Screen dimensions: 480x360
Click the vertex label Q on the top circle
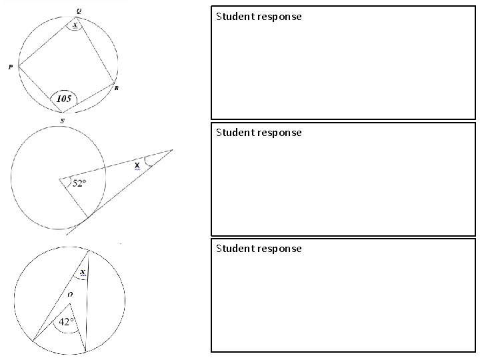[79, 11]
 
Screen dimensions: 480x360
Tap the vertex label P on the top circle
[11, 67]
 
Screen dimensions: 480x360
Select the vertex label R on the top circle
[116, 88]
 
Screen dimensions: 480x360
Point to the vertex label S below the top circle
[63, 120]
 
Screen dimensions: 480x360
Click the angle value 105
[64, 99]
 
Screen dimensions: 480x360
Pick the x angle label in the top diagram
[75, 25]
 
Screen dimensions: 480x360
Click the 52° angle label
[79, 183]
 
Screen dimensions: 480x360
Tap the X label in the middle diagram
[137, 165]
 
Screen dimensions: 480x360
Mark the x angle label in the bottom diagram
[83, 273]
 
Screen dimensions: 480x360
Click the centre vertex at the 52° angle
[59, 178]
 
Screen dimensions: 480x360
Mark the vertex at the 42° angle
[70, 304]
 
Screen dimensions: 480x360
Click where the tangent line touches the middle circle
[87, 217]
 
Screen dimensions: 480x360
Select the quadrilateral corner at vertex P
[19, 67]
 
